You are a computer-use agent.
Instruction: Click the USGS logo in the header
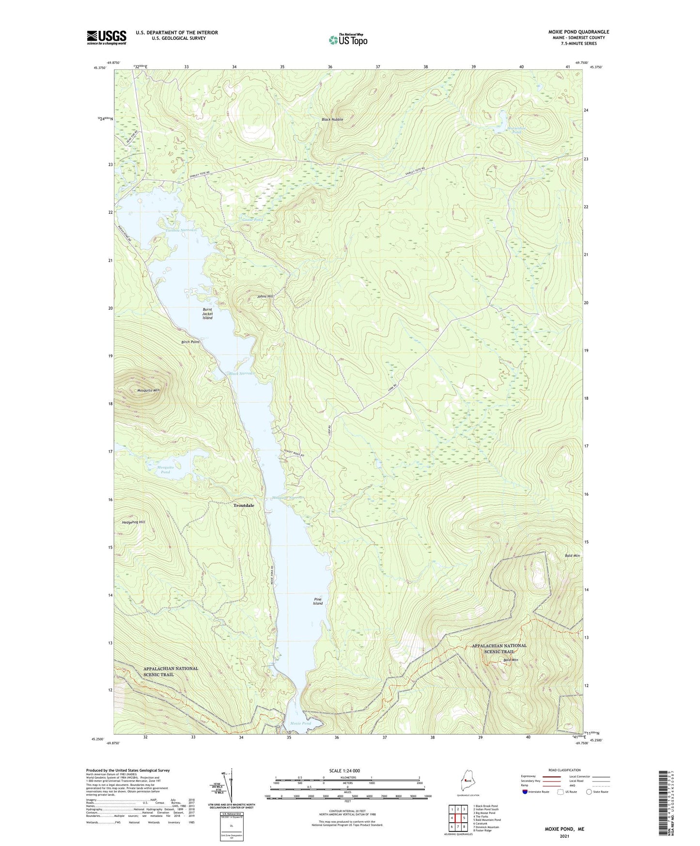coord(106,37)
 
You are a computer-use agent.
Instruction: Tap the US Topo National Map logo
coord(347,39)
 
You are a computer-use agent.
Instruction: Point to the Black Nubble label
coord(332,119)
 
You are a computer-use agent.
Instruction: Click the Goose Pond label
coord(252,220)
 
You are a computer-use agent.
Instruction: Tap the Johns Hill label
coord(265,296)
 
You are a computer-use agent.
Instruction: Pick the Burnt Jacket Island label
coord(207,313)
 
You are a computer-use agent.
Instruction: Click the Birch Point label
coord(190,342)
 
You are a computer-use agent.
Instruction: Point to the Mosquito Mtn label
coord(148,390)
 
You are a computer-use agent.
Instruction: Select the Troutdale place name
coord(244,505)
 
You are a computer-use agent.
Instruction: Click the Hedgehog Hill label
coord(133,522)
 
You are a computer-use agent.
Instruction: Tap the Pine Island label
coord(317,601)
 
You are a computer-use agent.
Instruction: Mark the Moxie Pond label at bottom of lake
coord(300,723)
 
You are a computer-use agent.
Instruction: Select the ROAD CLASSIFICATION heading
coord(565,770)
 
